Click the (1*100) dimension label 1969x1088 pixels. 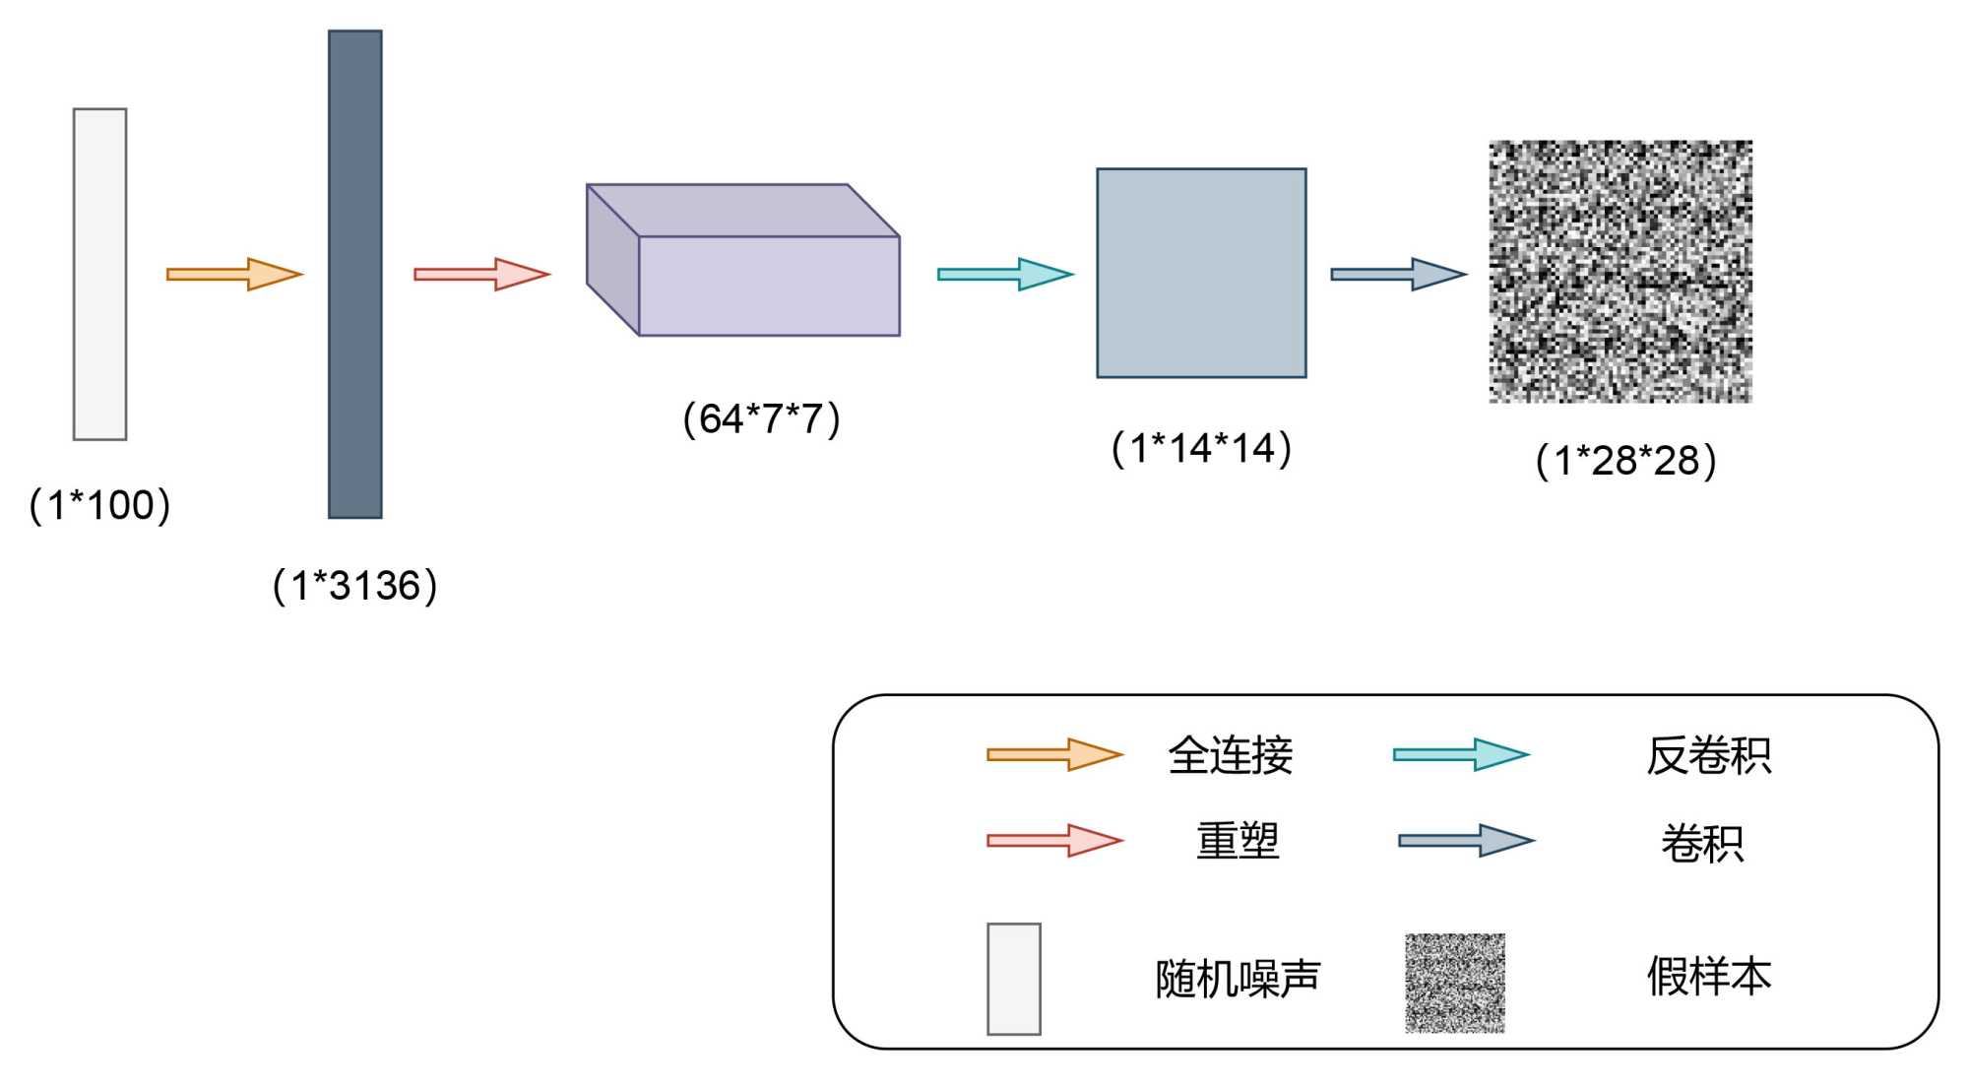click(100, 505)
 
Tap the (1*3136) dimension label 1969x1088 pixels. click(354, 586)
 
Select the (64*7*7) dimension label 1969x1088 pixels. click(761, 419)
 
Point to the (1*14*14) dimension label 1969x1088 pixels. click(1201, 449)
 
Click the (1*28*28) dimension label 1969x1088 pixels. click(1625, 461)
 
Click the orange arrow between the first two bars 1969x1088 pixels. click(234, 274)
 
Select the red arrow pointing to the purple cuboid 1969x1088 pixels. click(481, 274)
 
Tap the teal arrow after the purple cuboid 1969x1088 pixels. click(1005, 274)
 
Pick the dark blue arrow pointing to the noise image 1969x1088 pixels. click(1399, 274)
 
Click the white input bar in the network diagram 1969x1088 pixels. click(100, 274)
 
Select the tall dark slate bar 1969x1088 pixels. click(354, 274)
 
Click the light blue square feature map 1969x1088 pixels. click(1201, 273)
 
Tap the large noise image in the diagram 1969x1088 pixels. click(1620, 272)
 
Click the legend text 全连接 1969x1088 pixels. click(1231, 756)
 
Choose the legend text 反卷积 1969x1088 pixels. click(1708, 756)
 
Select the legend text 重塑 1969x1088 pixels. click(1238, 842)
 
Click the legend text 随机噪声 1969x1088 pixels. click(1238, 979)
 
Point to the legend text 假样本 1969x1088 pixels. click(1708, 977)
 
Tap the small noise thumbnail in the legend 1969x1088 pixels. click(1454, 983)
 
